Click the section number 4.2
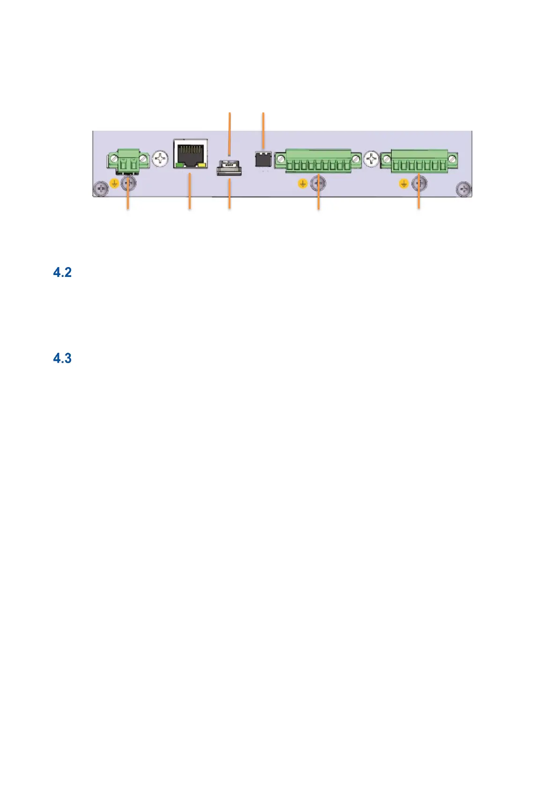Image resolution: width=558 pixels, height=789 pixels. click(x=62, y=273)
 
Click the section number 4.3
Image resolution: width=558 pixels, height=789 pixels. click(x=62, y=359)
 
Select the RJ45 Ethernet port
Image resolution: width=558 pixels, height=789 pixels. click(x=190, y=153)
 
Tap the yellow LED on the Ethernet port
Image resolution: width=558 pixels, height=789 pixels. click(x=202, y=165)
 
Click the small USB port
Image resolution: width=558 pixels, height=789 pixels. click(x=229, y=167)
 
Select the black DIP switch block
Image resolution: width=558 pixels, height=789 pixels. click(x=263, y=159)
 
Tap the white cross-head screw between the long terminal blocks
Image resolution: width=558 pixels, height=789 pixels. click(x=372, y=159)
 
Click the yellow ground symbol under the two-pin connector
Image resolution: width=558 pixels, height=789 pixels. click(x=114, y=184)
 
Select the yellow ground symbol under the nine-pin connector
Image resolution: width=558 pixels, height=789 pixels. click(x=303, y=184)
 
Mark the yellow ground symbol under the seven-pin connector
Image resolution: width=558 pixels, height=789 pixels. click(x=403, y=184)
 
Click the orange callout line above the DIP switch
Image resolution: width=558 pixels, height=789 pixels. click(x=263, y=131)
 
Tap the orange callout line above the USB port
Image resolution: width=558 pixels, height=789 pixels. click(x=229, y=133)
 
